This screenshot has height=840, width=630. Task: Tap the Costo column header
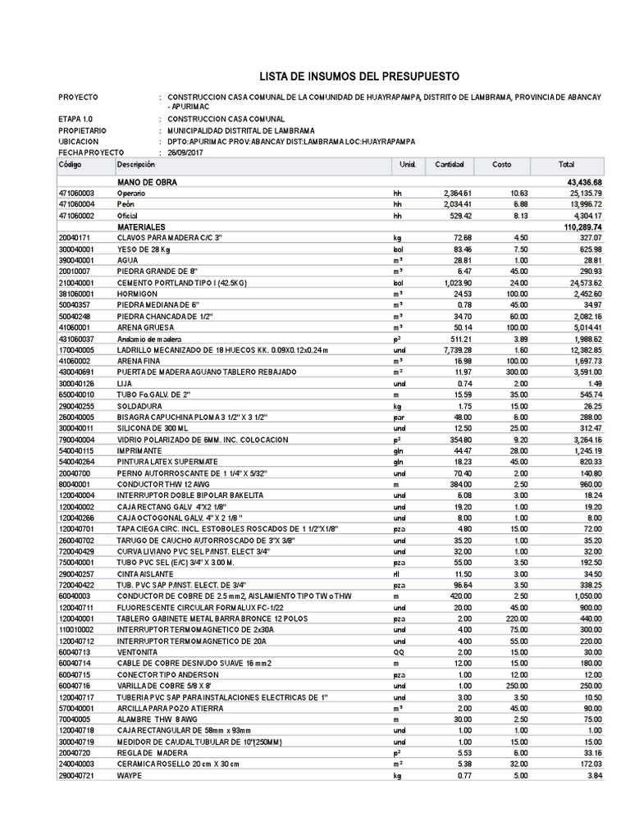tap(501, 165)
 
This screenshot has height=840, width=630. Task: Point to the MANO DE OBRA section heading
tap(147, 182)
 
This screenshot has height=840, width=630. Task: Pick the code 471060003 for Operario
tap(77, 193)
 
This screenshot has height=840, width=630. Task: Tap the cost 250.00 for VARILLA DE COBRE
tap(500, 684)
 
